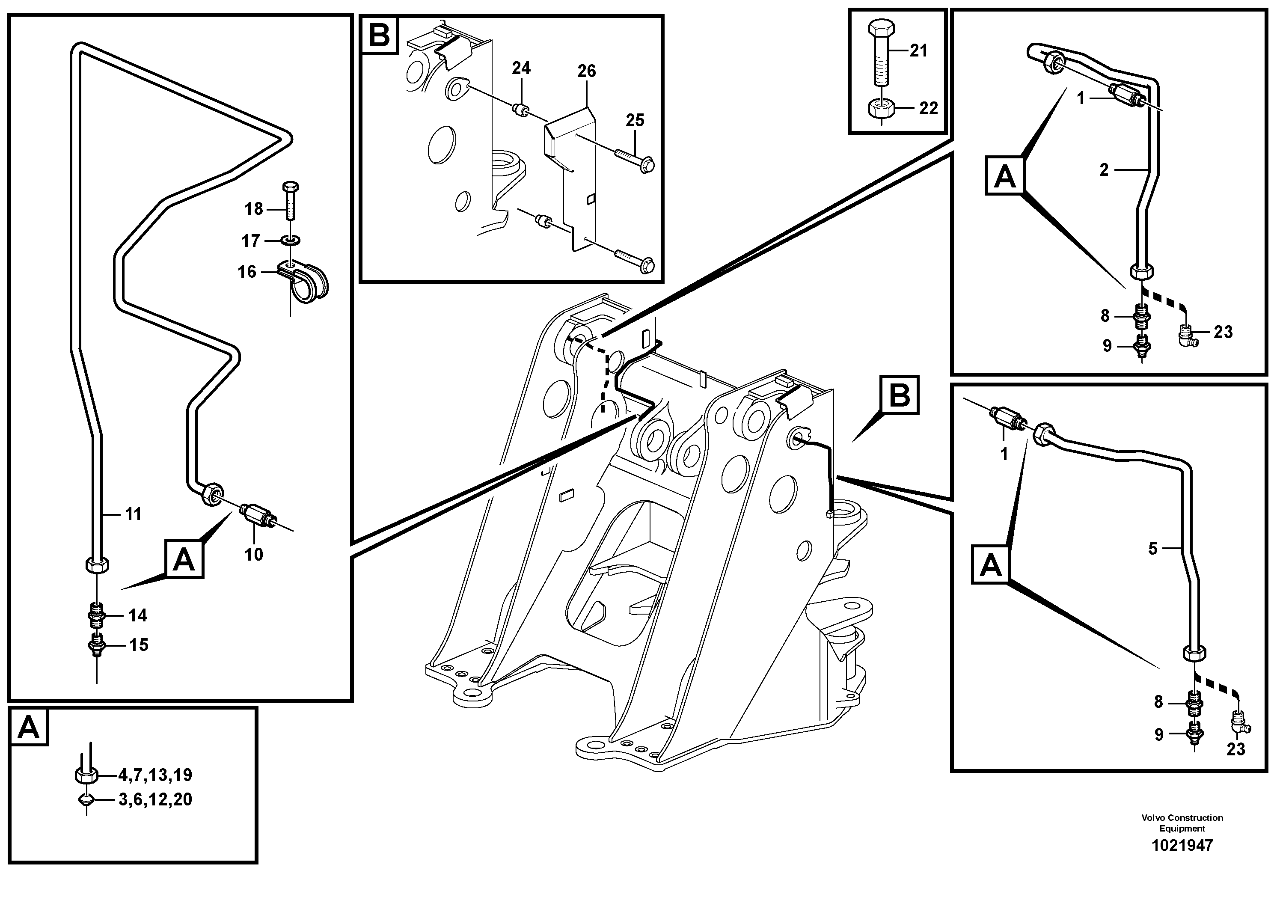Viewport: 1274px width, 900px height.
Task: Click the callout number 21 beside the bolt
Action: click(x=919, y=51)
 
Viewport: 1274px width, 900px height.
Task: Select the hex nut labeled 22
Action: click(x=881, y=108)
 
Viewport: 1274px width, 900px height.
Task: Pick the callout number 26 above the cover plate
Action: click(x=587, y=71)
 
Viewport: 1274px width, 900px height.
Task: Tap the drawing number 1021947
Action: click(x=1182, y=845)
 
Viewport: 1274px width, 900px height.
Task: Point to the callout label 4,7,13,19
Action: click(x=155, y=774)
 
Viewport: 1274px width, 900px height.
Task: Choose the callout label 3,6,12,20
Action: click(x=155, y=799)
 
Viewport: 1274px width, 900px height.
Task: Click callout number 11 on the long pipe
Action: click(x=133, y=514)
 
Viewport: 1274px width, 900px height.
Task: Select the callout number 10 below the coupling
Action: click(x=254, y=554)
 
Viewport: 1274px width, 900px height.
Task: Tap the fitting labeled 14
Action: click(x=97, y=616)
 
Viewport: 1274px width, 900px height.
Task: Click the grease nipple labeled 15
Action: click(x=97, y=645)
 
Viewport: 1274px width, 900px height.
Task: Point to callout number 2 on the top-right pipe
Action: click(x=1104, y=170)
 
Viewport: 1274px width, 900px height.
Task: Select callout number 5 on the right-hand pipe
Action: click(x=1152, y=549)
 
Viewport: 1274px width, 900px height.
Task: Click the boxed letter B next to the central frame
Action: click(x=900, y=395)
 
